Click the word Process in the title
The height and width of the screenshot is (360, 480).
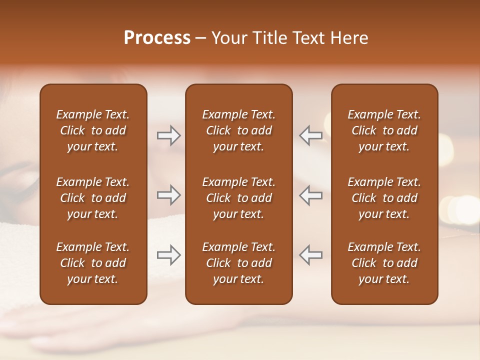(x=157, y=38)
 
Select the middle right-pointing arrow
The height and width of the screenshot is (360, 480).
(x=169, y=195)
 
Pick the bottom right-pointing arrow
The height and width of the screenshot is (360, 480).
(x=169, y=255)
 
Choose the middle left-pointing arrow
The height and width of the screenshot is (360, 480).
(x=310, y=195)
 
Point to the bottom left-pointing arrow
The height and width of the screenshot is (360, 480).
(x=310, y=255)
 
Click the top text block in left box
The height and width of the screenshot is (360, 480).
(x=93, y=130)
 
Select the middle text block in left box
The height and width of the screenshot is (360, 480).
(x=93, y=198)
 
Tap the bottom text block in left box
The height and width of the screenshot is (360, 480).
(x=93, y=263)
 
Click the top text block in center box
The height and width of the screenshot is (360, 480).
(x=238, y=130)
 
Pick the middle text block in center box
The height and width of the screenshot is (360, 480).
(x=238, y=198)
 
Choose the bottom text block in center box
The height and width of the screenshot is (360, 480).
(x=238, y=263)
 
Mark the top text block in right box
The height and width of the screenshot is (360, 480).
(x=384, y=130)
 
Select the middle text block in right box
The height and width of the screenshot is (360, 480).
(x=384, y=198)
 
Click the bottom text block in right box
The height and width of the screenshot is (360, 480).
(x=384, y=263)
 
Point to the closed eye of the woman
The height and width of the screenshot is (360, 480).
(x=25, y=188)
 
